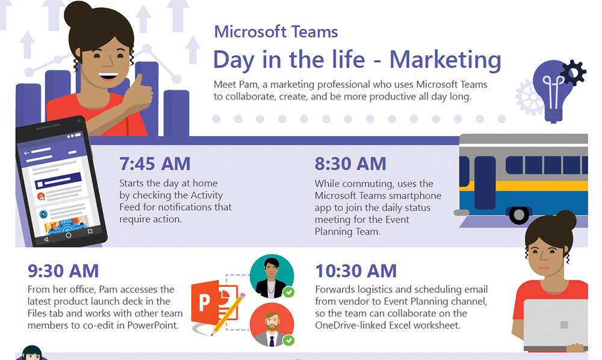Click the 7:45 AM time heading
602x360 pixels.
tap(155, 164)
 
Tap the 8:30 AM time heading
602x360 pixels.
tap(350, 164)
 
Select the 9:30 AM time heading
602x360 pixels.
tap(63, 271)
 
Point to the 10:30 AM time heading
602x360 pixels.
tap(356, 271)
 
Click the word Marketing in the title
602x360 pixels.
tap(445, 60)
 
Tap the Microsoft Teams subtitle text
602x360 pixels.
tap(276, 32)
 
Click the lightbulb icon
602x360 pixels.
tap(553, 90)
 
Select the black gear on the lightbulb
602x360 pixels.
tap(573, 72)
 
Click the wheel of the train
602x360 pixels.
tap(519, 215)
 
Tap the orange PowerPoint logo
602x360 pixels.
tap(209, 303)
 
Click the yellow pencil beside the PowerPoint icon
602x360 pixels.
tap(228, 314)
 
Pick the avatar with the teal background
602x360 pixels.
tap(272, 276)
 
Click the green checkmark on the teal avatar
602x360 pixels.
tap(289, 293)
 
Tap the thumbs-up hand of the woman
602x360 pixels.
tap(139, 93)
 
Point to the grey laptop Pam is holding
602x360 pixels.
tap(556, 325)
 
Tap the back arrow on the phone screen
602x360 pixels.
tap(26, 153)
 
